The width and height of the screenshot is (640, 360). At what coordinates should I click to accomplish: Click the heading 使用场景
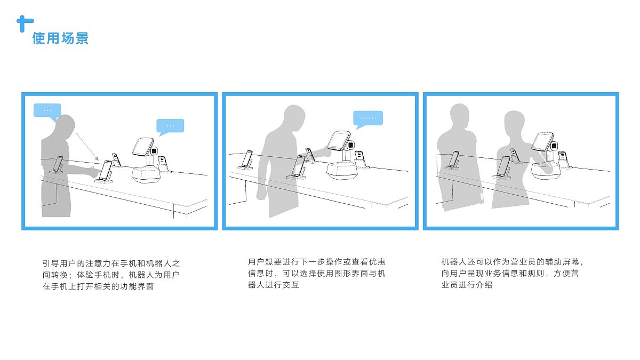point(60,38)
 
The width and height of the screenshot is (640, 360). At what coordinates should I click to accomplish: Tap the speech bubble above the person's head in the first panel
point(47,111)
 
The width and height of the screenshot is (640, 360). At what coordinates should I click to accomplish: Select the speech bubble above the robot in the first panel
point(170,126)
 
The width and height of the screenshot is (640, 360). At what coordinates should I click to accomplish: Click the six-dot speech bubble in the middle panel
point(368,118)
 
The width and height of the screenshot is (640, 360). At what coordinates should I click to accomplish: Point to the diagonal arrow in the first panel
point(87,146)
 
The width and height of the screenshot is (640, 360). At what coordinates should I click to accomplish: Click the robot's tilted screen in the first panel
point(143,147)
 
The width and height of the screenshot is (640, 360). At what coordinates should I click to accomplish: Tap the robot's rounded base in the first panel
point(146,174)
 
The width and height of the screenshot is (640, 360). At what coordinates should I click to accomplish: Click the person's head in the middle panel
point(294,118)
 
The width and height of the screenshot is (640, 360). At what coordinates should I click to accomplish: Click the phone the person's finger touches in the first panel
point(106,171)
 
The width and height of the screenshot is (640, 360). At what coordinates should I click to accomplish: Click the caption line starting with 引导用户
point(111,263)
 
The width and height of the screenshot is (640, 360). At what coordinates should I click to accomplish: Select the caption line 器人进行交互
point(274,285)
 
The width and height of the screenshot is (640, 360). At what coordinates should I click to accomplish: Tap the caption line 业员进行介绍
point(467,285)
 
